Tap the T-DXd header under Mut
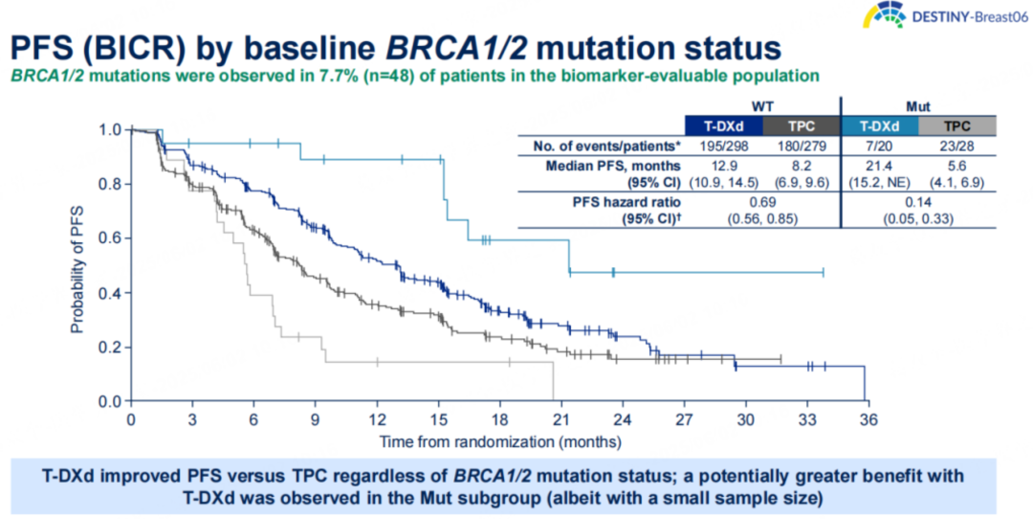(879, 126)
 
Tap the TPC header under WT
(801, 126)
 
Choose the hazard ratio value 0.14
(918, 204)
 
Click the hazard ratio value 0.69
(761, 204)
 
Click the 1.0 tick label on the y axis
(111, 129)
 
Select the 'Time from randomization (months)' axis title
(499, 442)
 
